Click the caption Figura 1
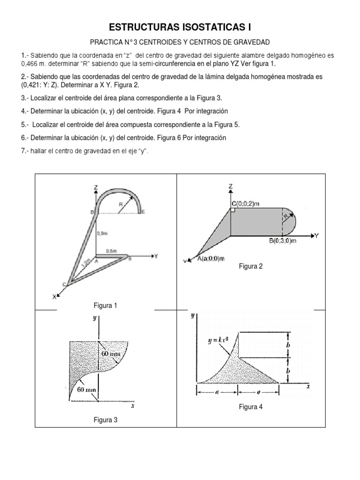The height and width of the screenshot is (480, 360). [x=105, y=306]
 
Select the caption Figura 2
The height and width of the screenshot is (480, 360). [x=251, y=266]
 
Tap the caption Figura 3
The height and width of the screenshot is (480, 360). [x=105, y=420]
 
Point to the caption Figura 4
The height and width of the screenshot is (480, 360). [x=251, y=407]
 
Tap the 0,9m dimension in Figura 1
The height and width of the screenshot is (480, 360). [x=103, y=232]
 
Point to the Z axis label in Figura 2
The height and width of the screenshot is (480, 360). [x=231, y=186]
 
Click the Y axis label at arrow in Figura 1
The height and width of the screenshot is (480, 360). [x=156, y=256]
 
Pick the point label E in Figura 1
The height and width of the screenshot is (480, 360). [x=143, y=212]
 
